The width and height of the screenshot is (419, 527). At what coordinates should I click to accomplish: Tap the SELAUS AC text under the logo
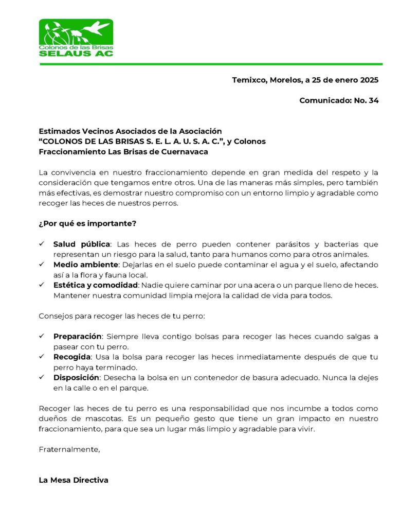76,53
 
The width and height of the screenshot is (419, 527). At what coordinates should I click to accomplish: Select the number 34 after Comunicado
374,100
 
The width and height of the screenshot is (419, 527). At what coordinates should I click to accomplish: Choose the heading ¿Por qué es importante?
87,223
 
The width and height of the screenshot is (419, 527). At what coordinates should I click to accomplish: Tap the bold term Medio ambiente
86,265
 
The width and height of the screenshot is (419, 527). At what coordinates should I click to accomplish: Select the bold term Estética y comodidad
96,285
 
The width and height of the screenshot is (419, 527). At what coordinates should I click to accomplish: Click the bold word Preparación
77,337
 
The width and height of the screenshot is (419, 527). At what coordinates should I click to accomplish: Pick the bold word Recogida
72,357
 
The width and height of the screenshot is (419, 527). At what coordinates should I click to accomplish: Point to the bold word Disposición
76,378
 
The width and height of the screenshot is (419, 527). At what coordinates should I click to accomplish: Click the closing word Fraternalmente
69,449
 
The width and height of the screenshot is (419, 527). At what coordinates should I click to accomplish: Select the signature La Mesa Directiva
74,480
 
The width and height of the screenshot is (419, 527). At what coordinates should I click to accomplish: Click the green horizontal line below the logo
211,64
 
